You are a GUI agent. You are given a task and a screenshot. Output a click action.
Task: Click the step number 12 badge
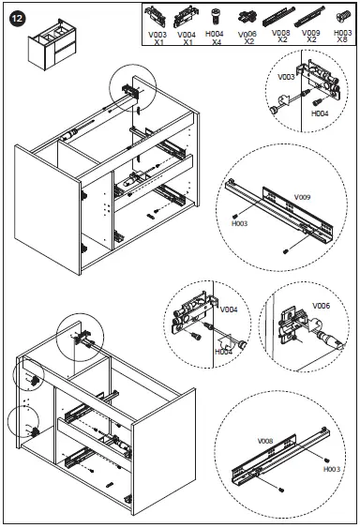[x=17, y=18]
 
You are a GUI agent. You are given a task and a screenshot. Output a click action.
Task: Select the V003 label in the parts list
[x=157, y=35]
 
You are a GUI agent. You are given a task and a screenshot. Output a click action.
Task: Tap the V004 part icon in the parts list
[x=186, y=17]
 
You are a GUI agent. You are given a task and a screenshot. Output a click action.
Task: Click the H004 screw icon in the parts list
[x=216, y=17]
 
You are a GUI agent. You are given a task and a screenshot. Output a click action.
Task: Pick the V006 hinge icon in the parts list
[x=247, y=18]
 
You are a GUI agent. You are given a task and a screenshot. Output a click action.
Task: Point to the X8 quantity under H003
[x=342, y=39]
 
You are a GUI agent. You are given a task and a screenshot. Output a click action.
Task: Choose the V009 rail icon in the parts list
[x=309, y=17]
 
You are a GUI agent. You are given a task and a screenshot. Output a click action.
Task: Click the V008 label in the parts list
[x=281, y=33]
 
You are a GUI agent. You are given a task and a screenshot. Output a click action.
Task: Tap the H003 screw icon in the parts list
[x=343, y=16]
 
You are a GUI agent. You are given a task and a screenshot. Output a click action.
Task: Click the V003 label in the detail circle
[x=286, y=77]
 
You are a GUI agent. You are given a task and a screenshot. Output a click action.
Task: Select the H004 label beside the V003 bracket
[x=320, y=113]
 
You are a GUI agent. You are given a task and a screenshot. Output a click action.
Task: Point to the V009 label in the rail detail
[x=303, y=197]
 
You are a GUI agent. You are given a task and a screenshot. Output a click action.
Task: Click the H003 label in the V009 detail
[x=239, y=223]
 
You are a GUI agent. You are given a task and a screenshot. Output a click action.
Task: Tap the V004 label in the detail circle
[x=229, y=309]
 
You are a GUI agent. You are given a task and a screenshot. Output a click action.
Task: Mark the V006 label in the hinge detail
[x=322, y=306]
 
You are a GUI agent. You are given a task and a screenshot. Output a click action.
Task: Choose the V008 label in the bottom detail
[x=265, y=441]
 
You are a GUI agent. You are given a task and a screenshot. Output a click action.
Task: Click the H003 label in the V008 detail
[x=332, y=469]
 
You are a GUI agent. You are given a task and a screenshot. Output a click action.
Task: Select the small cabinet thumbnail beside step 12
[x=52, y=44]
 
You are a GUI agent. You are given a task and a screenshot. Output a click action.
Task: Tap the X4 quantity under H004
[x=217, y=42]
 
